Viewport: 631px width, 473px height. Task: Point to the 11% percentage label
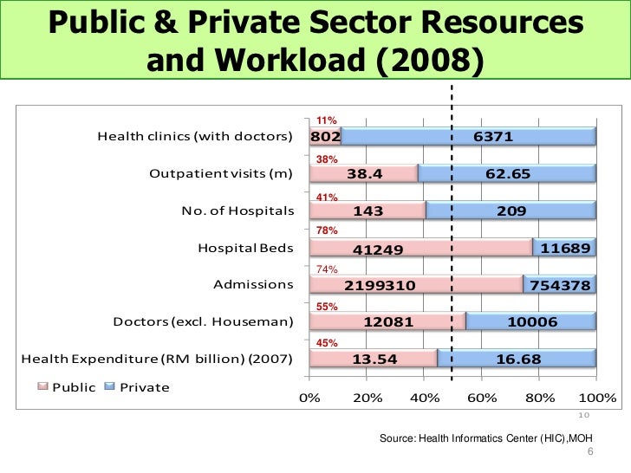(326, 120)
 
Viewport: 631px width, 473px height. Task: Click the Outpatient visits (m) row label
(221, 173)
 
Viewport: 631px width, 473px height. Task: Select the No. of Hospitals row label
(237, 211)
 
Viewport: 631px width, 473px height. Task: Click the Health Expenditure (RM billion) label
(156, 359)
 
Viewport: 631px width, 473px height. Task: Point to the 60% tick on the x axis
(481, 398)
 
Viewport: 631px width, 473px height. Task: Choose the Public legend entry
(66, 387)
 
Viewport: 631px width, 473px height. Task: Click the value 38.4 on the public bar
(365, 174)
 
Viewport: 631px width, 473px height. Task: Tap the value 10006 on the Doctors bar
(530, 322)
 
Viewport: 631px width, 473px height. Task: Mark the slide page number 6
(590, 452)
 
